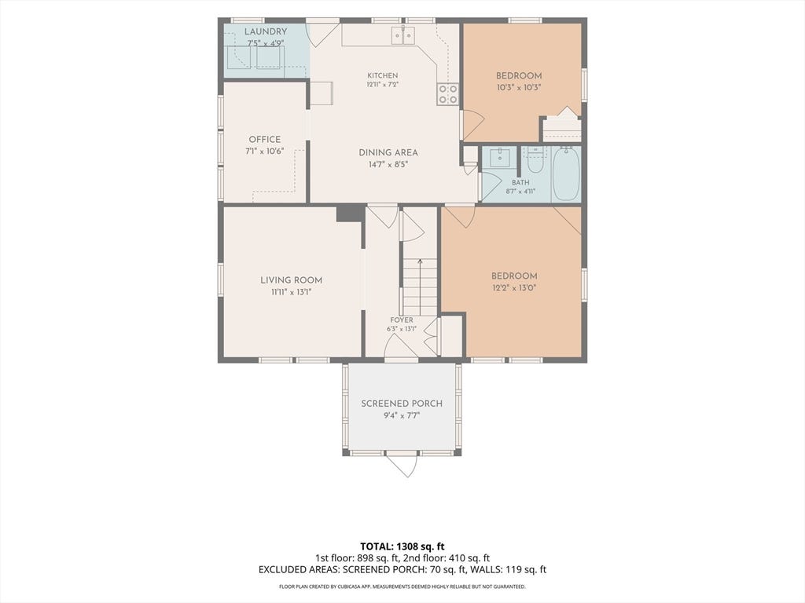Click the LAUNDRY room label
coord(265,31)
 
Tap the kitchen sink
coord(403,35)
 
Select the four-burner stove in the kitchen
coord(447,94)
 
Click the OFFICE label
coord(264,140)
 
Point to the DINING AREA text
coord(388,152)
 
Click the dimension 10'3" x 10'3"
coord(519,88)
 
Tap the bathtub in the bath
coord(566,174)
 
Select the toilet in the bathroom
coord(535,159)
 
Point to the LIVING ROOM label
coord(291,280)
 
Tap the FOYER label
coord(402,320)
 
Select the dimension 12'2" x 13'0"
coord(514,288)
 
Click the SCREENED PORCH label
coord(402,404)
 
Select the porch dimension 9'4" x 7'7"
coord(402,416)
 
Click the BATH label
coord(520,182)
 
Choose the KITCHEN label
coord(383,75)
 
